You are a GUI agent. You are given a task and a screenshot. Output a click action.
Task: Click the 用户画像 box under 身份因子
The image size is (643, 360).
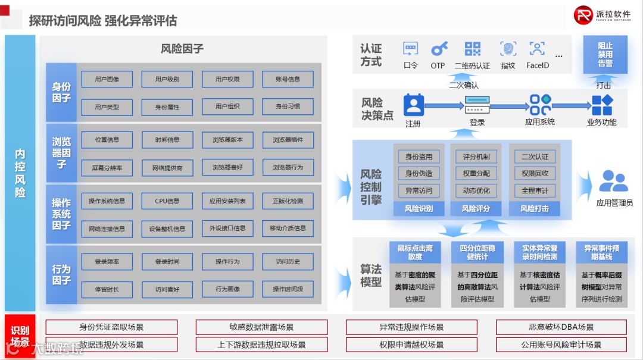coord(107,79)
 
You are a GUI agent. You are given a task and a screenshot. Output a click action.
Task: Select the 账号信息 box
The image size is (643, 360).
coord(288,79)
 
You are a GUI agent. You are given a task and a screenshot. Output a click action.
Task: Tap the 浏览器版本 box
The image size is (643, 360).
coord(227,140)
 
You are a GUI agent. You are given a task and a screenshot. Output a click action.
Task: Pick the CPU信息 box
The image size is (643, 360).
coord(167,201)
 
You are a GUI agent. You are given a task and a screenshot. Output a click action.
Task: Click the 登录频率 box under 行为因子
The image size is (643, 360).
coord(107,262)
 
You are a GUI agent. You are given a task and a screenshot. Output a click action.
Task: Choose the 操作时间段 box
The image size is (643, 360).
coord(288,289)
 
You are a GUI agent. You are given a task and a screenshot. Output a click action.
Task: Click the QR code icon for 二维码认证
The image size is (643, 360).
coord(473,49)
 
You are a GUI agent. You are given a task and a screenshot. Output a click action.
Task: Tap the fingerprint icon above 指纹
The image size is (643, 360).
coord(508,49)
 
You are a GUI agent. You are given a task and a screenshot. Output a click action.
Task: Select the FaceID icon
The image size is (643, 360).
coord(537,49)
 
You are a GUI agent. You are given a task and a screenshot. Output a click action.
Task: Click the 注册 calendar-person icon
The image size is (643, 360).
coord(413,105)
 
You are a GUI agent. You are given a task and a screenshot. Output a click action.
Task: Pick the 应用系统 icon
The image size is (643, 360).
coord(540,105)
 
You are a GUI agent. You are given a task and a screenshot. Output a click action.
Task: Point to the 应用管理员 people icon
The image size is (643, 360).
coord(614,181)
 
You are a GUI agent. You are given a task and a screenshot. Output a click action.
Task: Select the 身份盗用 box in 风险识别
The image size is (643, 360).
coord(419,156)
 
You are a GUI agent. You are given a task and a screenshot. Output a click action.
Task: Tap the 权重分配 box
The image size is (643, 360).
coord(476,174)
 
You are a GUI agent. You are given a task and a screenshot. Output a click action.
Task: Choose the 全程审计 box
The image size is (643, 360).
coord(535,191)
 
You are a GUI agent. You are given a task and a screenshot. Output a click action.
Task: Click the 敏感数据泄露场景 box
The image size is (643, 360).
coord(261,327)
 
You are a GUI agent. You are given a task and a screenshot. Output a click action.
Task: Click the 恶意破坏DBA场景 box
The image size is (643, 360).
coord(561,327)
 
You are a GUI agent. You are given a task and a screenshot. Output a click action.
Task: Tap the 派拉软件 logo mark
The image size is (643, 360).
coord(583,15)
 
